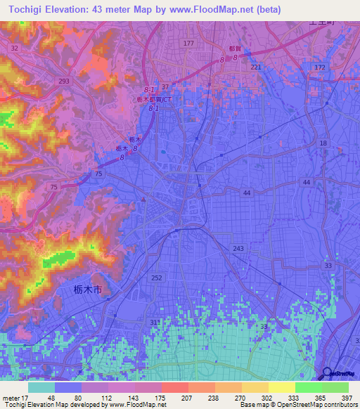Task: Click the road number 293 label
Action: pyautogui.click(x=64, y=82)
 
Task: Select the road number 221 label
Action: pyautogui.click(x=256, y=67)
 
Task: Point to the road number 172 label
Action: pyautogui.click(x=320, y=67)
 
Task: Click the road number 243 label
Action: pyautogui.click(x=238, y=249)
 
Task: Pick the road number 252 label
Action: pyautogui.click(x=157, y=278)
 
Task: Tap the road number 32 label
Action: pyautogui.click(x=15, y=48)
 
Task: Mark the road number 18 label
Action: pyautogui.click(x=323, y=143)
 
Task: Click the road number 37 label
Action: pyautogui.click(x=165, y=87)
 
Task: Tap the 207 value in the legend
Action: pyautogui.click(x=161, y=396)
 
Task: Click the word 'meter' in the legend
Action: pyautogui.click(x=11, y=396)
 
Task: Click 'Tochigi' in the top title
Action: pyautogui.click(x=20, y=9)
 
